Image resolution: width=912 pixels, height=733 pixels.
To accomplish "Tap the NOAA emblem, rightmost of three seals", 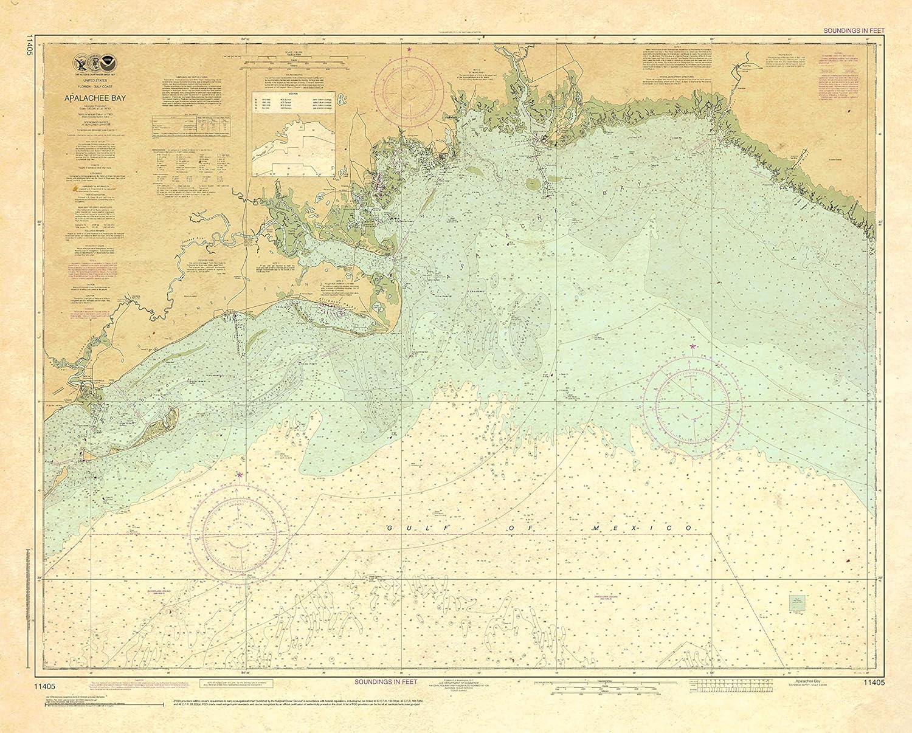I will [x=109, y=61].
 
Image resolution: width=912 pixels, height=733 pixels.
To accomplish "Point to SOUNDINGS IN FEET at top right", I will [x=854, y=30].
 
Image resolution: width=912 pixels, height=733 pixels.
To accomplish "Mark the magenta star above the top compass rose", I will [x=409, y=49].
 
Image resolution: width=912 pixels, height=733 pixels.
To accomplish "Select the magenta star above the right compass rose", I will [x=693, y=346].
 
